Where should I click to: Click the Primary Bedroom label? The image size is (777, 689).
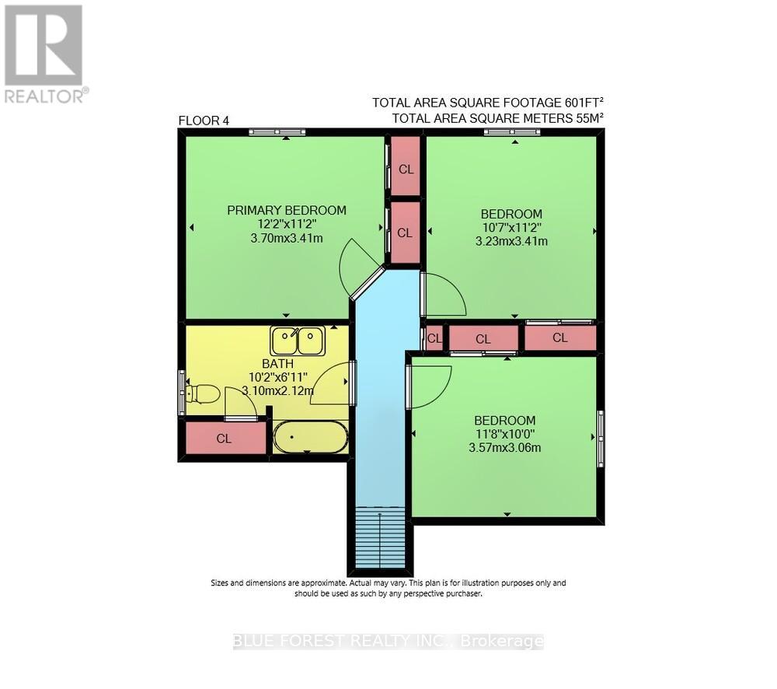[286, 210]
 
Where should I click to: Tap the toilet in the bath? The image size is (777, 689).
[203, 393]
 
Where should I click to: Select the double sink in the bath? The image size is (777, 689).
[298, 341]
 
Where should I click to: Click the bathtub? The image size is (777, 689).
[311, 437]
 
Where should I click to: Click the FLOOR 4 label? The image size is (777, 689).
[204, 121]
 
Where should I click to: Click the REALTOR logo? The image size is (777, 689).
[44, 54]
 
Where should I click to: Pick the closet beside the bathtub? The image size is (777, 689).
[224, 438]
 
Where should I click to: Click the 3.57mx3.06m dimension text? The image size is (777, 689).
[505, 447]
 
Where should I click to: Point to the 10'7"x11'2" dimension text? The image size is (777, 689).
[510, 228]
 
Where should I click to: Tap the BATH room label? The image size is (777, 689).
[277, 363]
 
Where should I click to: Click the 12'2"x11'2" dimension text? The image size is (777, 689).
[286, 224]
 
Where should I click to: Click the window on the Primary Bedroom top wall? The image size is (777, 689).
[277, 132]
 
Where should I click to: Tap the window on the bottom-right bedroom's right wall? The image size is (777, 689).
[600, 439]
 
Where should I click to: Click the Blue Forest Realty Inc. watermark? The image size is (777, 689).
[388, 642]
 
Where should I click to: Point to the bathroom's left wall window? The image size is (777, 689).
[182, 393]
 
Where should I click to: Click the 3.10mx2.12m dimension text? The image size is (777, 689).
[277, 391]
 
